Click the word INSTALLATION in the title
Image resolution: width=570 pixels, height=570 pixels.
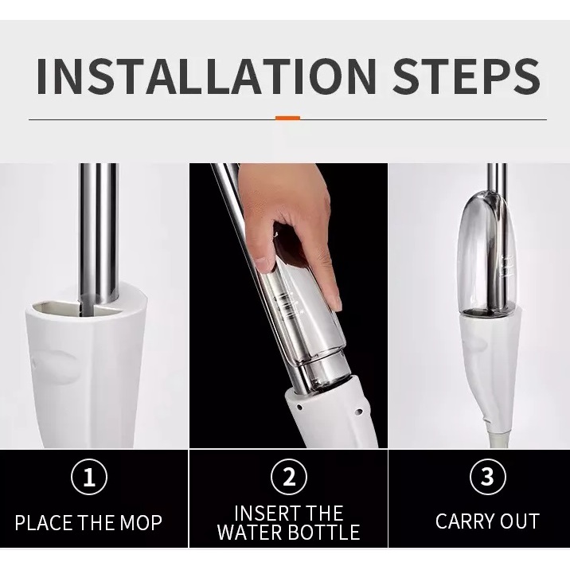pyautogui.click(x=206, y=76)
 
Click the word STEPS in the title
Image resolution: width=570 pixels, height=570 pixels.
pyautogui.click(x=467, y=76)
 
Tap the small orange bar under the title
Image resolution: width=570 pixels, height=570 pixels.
pyautogui.click(x=287, y=118)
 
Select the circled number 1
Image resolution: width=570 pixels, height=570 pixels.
pyautogui.click(x=89, y=477)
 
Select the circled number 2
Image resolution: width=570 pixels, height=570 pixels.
pyautogui.click(x=289, y=477)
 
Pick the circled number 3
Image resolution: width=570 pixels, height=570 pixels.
pyautogui.click(x=488, y=477)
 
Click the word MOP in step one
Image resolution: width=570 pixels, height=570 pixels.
pyautogui.click(x=141, y=522)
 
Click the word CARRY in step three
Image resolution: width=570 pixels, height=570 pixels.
pyautogui.click(x=465, y=521)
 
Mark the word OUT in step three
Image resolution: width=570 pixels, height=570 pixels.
pyautogui.click(x=520, y=521)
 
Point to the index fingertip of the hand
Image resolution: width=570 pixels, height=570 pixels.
pyautogui.click(x=337, y=303)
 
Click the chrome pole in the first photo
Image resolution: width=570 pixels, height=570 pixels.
pyautogui.click(x=99, y=232)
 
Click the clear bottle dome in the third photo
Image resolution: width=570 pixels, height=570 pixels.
pyautogui.click(x=486, y=251)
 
